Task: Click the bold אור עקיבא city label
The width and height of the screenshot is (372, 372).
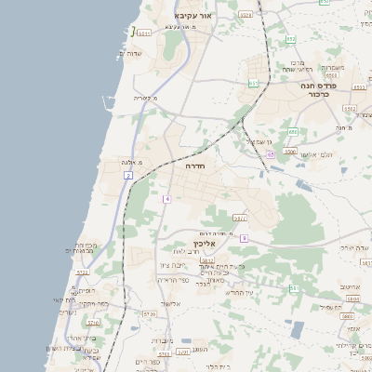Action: point(193,17)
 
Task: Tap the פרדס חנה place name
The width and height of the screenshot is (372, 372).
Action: point(319,85)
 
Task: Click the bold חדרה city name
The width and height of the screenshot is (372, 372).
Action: point(194,165)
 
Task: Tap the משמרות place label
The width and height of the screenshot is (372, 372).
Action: point(334,67)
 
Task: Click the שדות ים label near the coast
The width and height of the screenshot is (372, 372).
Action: point(138,53)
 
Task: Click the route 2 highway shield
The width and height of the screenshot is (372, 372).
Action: point(126,175)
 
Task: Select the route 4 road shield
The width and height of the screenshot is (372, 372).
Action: point(167,199)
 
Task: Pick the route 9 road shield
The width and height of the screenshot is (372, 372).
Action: point(243,238)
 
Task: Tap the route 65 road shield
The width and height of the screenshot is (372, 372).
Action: point(270,154)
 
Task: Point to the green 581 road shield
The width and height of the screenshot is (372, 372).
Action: point(294,288)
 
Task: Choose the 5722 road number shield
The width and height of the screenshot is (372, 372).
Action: point(82,272)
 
